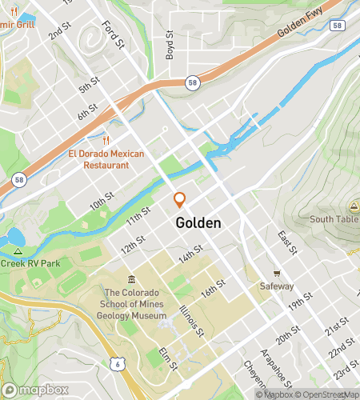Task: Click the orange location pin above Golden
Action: click(x=180, y=201)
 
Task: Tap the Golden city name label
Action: click(x=198, y=223)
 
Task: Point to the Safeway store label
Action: click(x=276, y=286)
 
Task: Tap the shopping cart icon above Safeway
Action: click(x=277, y=274)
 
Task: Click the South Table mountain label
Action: click(x=334, y=219)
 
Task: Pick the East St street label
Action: click(x=286, y=242)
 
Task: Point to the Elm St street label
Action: click(x=168, y=360)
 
